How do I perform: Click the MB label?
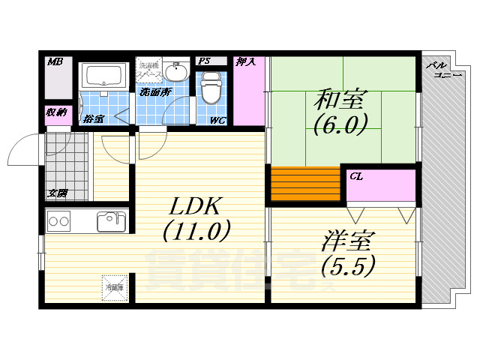(54, 61)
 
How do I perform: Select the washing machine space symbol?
(148, 70)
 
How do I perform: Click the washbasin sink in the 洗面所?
(177, 72)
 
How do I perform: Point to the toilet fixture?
(211, 88)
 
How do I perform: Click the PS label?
(204, 61)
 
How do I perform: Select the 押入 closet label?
(246, 61)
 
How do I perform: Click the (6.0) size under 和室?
(341, 124)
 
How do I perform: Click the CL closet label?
(357, 177)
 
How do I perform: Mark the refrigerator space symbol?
(115, 287)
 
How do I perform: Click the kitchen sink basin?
(111, 222)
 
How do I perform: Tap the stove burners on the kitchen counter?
(59, 222)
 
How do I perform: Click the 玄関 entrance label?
(57, 193)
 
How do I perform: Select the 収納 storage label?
(55, 114)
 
